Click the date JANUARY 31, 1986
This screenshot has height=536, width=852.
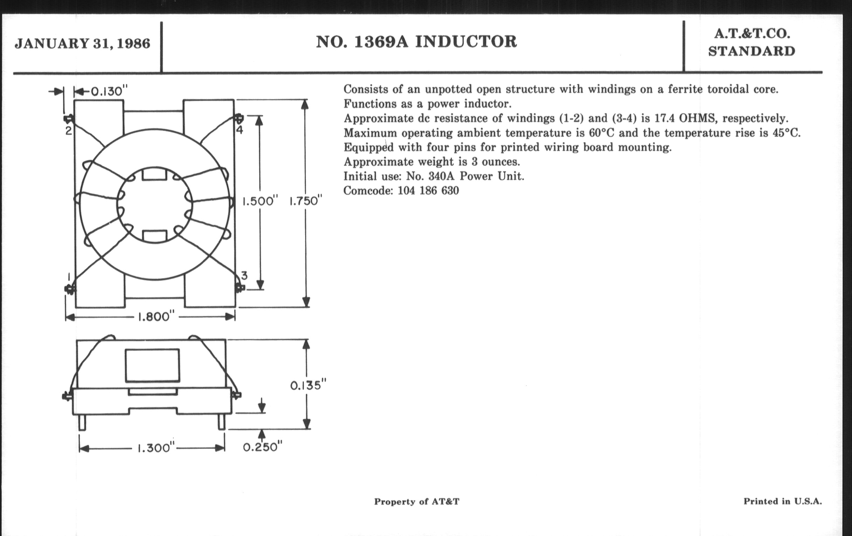82,43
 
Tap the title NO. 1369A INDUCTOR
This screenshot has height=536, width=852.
417,42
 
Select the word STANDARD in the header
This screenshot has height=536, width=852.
751,51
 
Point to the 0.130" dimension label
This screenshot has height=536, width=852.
109,92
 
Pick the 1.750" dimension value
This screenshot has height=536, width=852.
306,201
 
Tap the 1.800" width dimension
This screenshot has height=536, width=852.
156,317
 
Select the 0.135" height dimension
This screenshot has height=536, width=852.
308,385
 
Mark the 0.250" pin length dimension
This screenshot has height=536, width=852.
262,447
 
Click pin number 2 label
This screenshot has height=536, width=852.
68,131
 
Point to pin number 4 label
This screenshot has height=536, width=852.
240,130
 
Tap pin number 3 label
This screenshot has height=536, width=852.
244,275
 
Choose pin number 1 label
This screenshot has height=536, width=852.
69,276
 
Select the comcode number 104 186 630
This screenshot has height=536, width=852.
428,191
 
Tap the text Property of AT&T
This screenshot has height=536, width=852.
417,502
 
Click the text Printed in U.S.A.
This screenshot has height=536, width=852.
783,501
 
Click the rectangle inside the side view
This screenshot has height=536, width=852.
152,365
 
